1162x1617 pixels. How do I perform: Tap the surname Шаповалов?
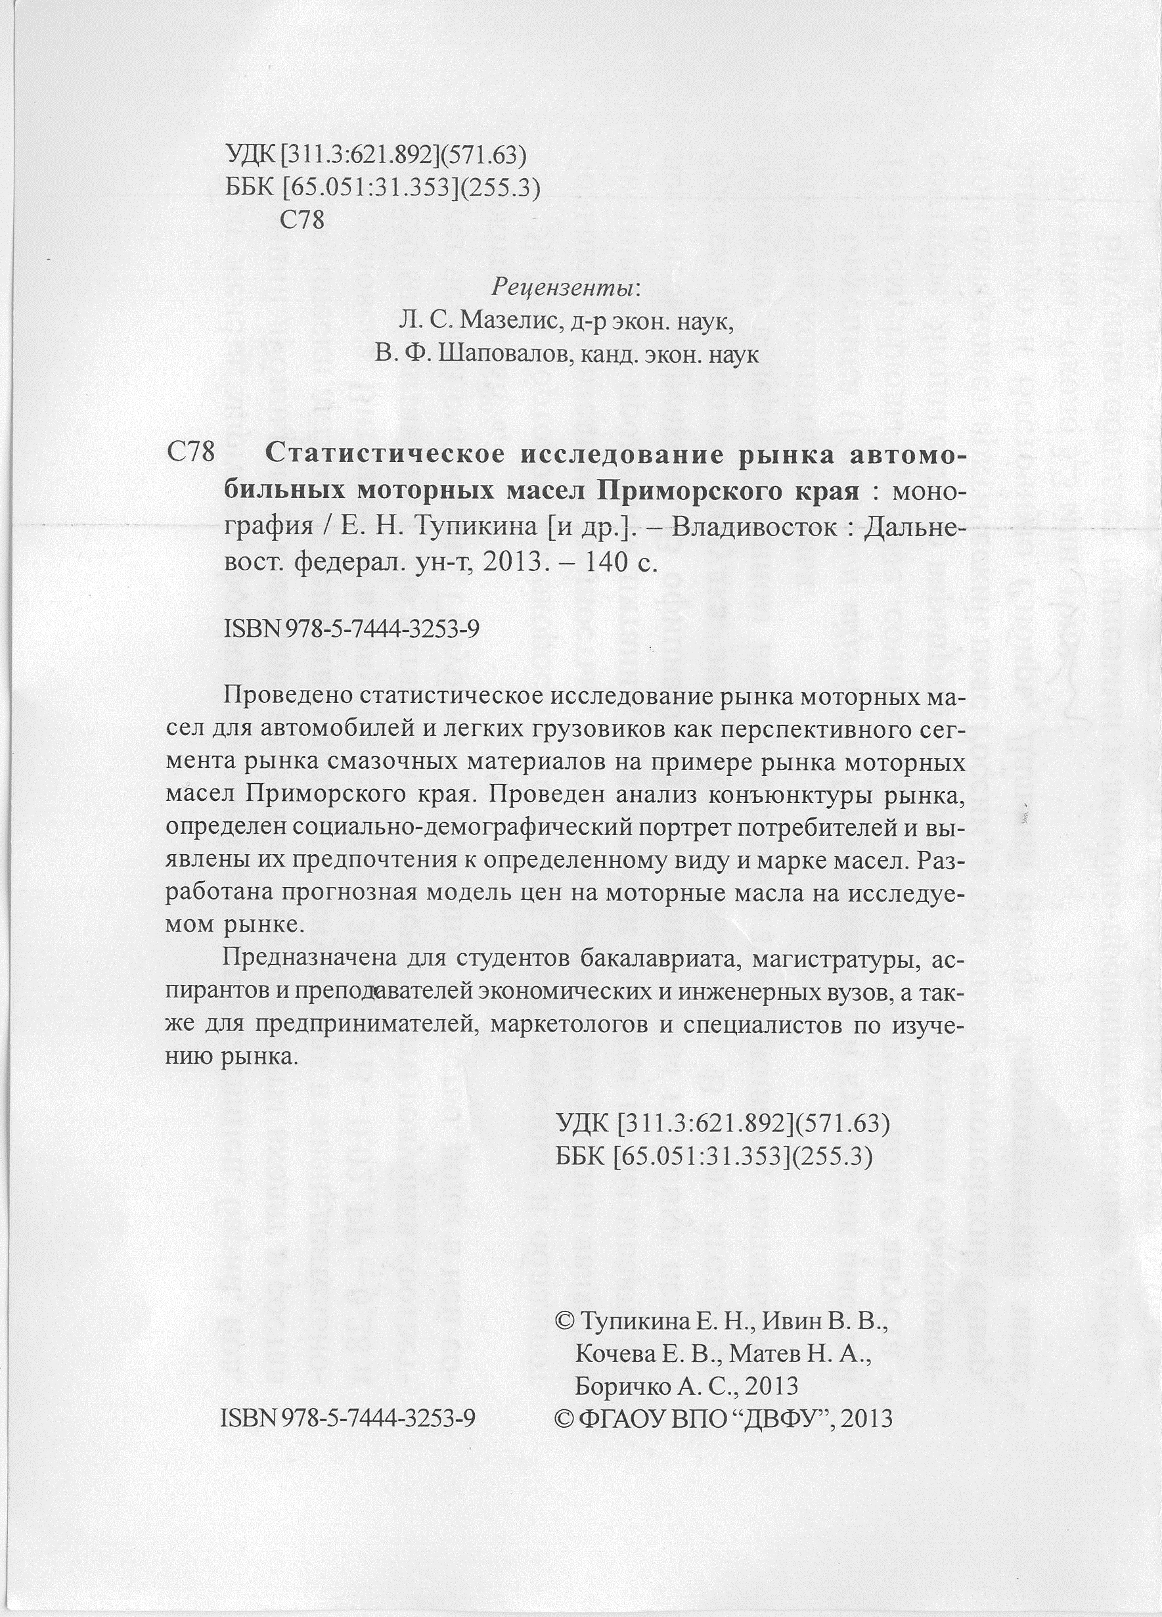pos(504,355)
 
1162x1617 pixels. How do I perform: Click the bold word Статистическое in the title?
pos(382,454)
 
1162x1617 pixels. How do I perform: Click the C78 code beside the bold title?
pos(190,453)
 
